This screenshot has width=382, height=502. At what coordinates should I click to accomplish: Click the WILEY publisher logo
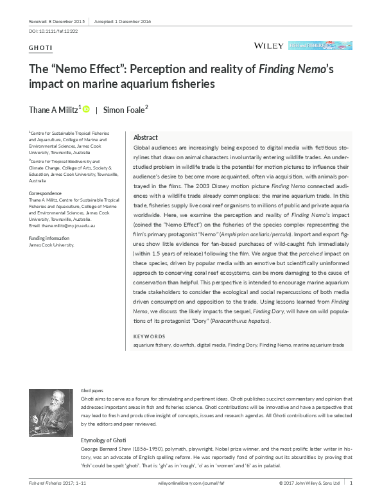click(268, 46)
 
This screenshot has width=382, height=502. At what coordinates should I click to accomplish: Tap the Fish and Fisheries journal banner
click(320, 46)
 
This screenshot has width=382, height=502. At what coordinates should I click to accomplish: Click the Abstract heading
click(145, 138)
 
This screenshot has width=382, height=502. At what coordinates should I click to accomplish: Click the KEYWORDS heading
click(148, 337)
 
